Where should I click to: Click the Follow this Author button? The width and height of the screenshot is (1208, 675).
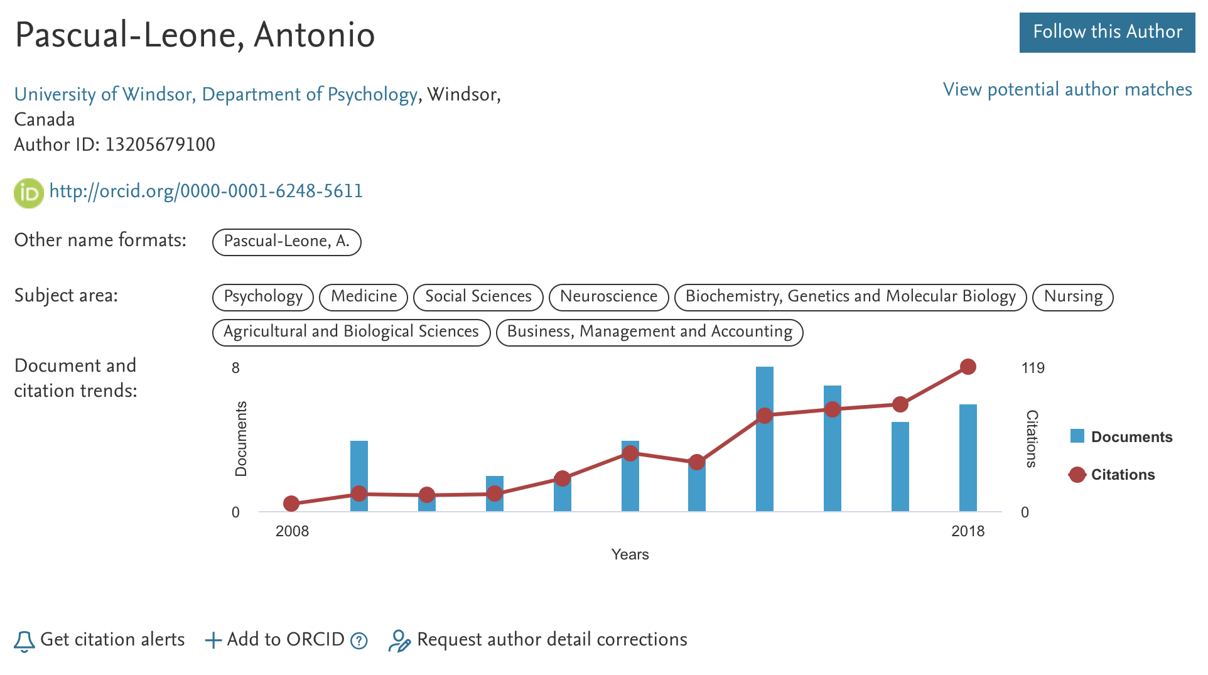point(1106,32)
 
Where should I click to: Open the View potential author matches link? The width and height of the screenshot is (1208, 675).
point(1067,90)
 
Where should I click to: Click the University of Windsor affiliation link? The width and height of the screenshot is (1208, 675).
point(215,94)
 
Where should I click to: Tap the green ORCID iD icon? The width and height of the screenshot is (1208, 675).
point(28,193)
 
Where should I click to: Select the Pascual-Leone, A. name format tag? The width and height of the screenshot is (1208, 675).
point(286,242)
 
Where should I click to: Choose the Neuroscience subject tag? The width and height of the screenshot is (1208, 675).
point(608,296)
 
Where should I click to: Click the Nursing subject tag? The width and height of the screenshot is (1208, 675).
point(1072,296)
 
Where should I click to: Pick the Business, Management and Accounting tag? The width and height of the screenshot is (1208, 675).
point(649,332)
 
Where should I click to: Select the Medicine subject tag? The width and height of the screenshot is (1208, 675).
point(364,296)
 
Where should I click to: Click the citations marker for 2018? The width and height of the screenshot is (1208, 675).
point(968,367)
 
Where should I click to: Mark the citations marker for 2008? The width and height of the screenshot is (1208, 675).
point(291,504)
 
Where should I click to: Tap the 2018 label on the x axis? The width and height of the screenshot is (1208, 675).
point(968,531)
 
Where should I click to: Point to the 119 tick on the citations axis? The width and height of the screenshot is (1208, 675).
point(1033,368)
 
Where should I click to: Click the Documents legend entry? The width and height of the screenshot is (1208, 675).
point(1121,437)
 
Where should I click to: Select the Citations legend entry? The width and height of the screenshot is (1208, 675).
point(1112,475)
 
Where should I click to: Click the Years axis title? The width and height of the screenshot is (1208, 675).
point(630,554)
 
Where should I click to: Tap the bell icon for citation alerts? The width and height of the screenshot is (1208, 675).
point(24,640)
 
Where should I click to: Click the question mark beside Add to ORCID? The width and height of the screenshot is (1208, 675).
point(359,640)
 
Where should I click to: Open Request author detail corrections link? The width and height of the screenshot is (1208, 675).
point(551,640)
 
